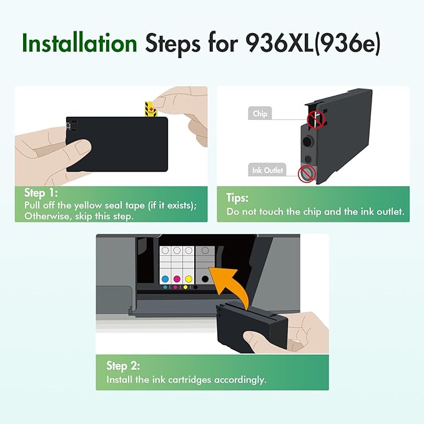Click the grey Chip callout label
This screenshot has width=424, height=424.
(260, 114)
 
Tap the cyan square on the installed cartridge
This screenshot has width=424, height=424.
(165, 279)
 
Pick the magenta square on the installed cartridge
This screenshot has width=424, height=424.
(177, 279)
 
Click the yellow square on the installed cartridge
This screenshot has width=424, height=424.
(188, 279)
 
